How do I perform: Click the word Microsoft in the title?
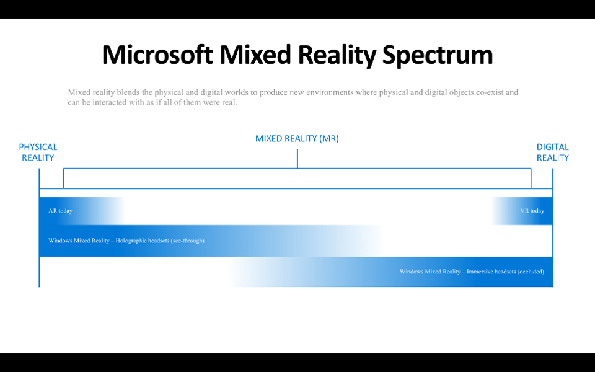(157, 55)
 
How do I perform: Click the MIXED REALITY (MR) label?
(297, 138)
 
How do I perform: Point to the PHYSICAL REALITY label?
(38, 153)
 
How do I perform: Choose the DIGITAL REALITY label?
(552, 153)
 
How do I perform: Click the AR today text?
(60, 211)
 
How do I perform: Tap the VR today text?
(532, 211)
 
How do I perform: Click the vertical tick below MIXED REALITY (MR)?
(297, 159)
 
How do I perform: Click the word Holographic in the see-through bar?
(131, 241)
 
